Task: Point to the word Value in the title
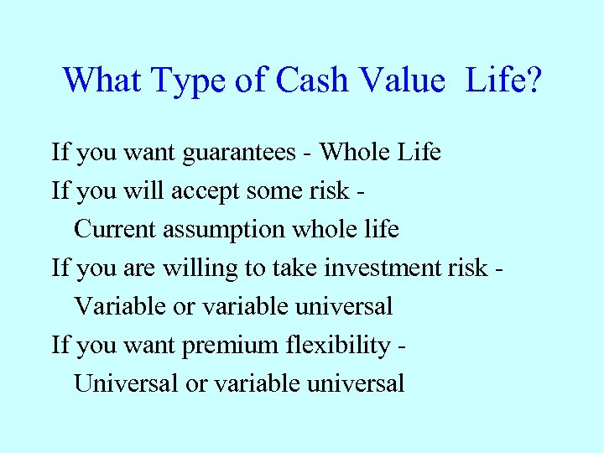tap(400, 80)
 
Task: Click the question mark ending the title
tap(533, 80)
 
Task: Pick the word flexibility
tap(339, 346)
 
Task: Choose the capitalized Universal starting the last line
tap(126, 383)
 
